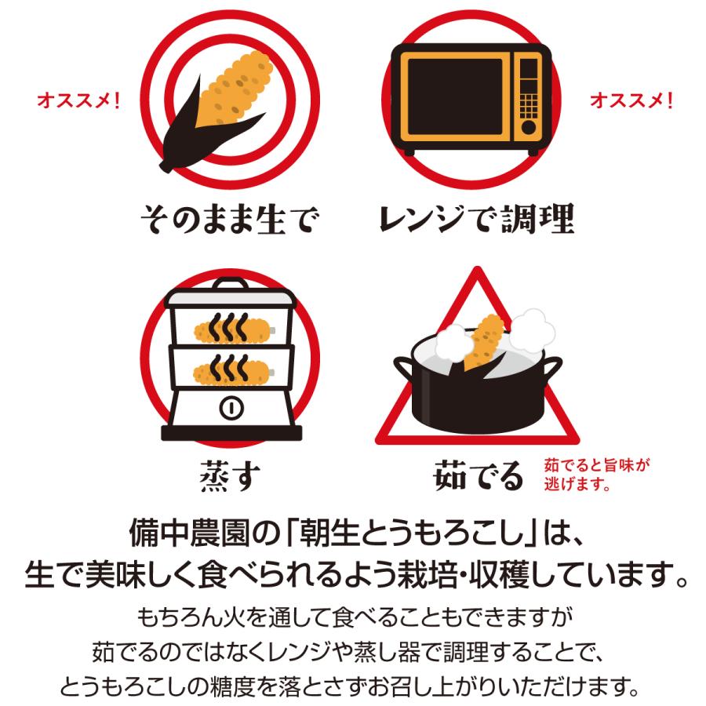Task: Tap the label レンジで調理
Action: tap(475, 220)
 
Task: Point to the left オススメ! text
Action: tap(78, 101)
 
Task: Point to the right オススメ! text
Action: tap(631, 101)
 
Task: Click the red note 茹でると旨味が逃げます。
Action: tap(596, 474)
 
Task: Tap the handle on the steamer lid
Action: tap(231, 284)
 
